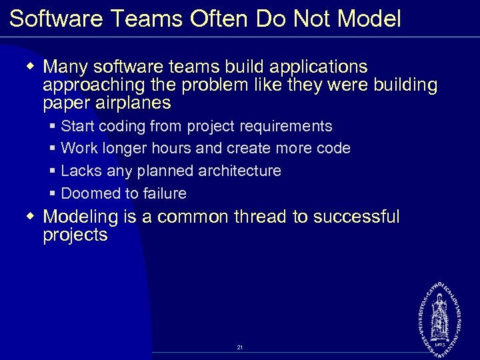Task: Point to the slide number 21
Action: tap(240, 347)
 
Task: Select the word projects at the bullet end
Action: tap(75, 235)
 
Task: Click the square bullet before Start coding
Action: tap(53, 126)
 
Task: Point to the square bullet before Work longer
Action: tap(53, 149)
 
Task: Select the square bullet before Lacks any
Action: tap(53, 171)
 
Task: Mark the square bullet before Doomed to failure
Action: tap(53, 194)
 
